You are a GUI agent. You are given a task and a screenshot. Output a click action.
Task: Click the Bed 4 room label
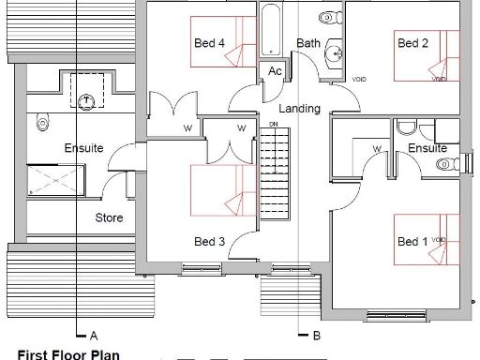coord(209,42)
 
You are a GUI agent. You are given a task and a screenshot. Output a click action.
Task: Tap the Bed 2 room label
coord(412,42)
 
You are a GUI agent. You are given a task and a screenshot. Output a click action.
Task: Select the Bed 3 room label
coord(209,242)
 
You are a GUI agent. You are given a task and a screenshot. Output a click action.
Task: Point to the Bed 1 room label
coord(412,242)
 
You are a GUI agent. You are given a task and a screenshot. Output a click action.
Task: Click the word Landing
coord(300,109)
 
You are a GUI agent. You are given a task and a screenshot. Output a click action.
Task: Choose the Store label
coord(110,218)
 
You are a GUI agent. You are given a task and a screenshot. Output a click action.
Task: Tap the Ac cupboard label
coord(276,72)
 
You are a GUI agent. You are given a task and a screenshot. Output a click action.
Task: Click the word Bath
coord(308,43)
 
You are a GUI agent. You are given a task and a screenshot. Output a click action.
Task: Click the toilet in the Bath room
coord(328,17)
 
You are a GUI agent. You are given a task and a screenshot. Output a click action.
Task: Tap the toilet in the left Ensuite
coord(40,122)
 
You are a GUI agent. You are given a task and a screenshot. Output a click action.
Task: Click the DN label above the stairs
coord(273,124)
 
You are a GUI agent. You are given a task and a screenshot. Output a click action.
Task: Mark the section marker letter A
coord(93,335)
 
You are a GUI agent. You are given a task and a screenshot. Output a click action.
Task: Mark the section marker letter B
coord(316,335)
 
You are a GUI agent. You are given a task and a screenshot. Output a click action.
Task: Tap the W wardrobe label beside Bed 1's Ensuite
coord(376,148)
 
